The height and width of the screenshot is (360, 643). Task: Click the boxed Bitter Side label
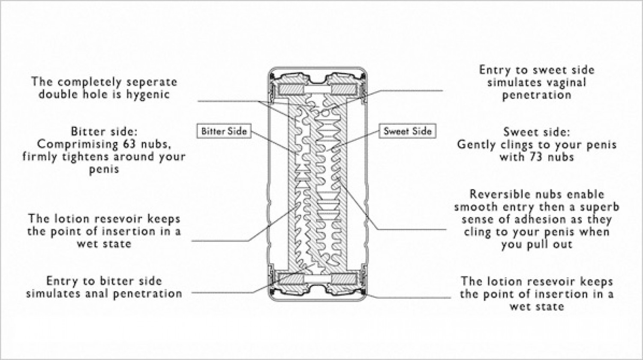click(x=224, y=131)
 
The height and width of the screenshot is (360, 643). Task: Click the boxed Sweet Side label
click(x=407, y=131)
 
